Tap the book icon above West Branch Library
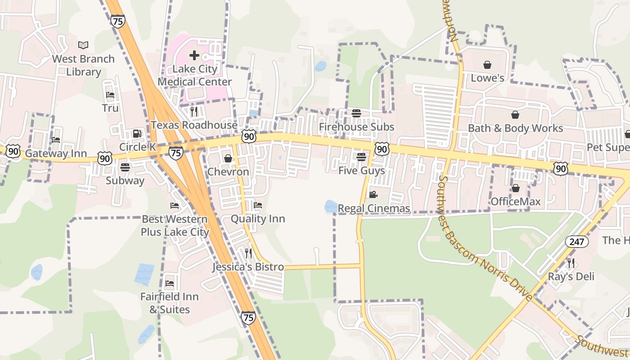coord(83,45)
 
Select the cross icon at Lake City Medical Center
coord(194,55)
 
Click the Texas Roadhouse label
coord(194,125)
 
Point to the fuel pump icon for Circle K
coord(137,134)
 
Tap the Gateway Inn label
coord(56,154)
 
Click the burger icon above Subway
coord(125,167)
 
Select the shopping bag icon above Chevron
coord(228,158)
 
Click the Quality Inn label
coord(258,219)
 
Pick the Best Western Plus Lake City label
coord(175,226)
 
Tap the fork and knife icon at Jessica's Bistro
coord(248,253)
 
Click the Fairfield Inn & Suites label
coord(170,303)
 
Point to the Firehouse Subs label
coord(356,127)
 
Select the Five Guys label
coord(362,171)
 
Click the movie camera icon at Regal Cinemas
coord(373,194)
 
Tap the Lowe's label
coord(487,78)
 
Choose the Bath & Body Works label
coord(515,128)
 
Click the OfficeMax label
coord(516,201)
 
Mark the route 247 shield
coord(576,242)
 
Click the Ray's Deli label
coord(571,276)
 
